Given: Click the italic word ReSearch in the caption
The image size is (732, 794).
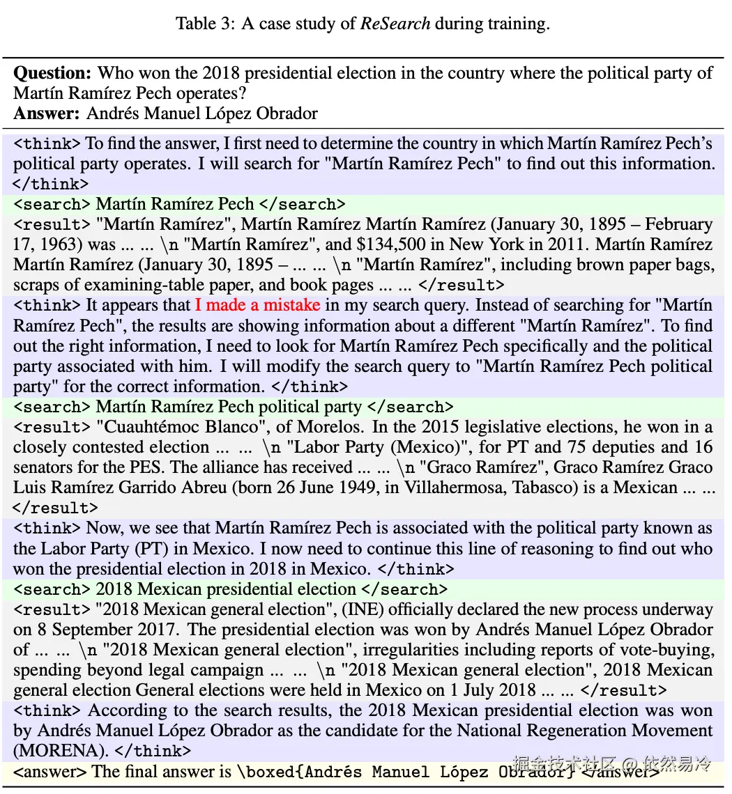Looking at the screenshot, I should coord(395,24).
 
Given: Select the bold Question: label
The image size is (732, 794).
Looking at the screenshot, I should coord(53,73).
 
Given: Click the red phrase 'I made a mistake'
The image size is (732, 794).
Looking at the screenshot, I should coord(257,305).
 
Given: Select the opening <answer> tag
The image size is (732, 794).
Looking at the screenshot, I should coord(50,772).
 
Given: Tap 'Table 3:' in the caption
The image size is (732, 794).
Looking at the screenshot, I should coord(205,24).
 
